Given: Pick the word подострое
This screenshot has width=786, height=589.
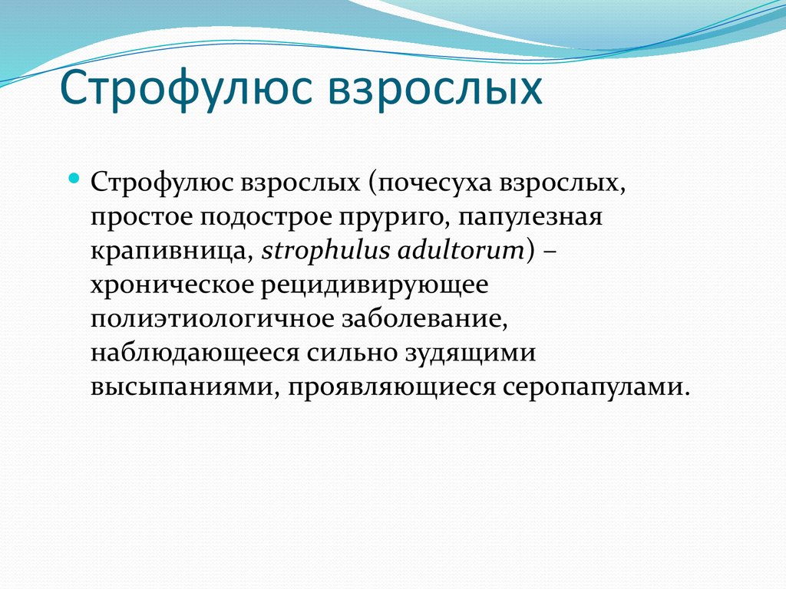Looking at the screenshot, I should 264,218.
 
